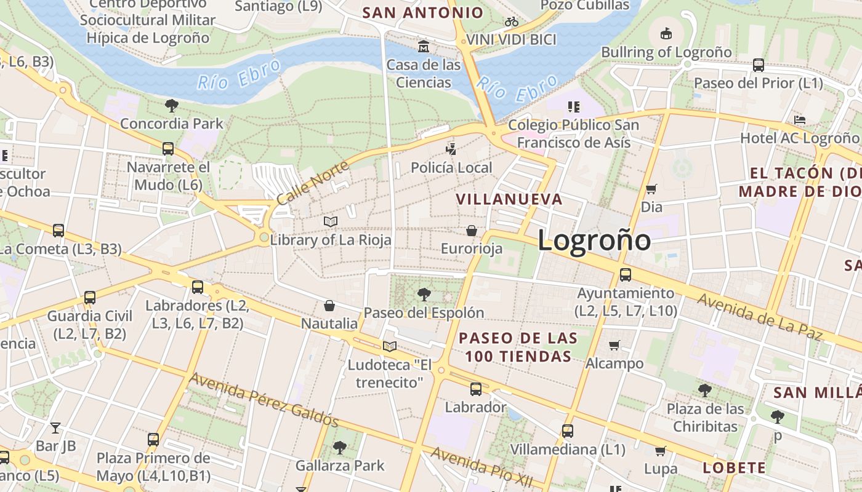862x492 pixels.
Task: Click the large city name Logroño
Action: click(594, 240)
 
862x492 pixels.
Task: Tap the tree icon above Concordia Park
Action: click(172, 106)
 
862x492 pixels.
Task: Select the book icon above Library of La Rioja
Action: click(331, 221)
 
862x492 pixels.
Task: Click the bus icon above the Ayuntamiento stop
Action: click(626, 274)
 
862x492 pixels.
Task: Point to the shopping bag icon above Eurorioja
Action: click(472, 231)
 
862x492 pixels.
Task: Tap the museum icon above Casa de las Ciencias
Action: click(424, 47)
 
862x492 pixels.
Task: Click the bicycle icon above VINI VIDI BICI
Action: click(512, 22)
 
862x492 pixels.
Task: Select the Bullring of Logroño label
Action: click(666, 52)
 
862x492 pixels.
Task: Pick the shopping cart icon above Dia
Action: click(651, 189)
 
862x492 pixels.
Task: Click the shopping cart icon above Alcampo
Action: click(614, 345)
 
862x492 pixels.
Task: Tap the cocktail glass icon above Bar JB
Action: click(55, 427)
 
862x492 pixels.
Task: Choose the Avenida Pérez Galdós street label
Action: click(264, 400)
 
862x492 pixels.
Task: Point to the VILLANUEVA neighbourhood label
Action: click(509, 199)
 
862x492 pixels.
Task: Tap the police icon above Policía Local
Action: click(451, 149)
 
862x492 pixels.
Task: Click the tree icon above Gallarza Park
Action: click(339, 447)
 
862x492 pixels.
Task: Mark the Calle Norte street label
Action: click(313, 182)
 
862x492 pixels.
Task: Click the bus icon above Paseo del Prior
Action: click(759, 65)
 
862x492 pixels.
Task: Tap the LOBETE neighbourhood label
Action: click(735, 468)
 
